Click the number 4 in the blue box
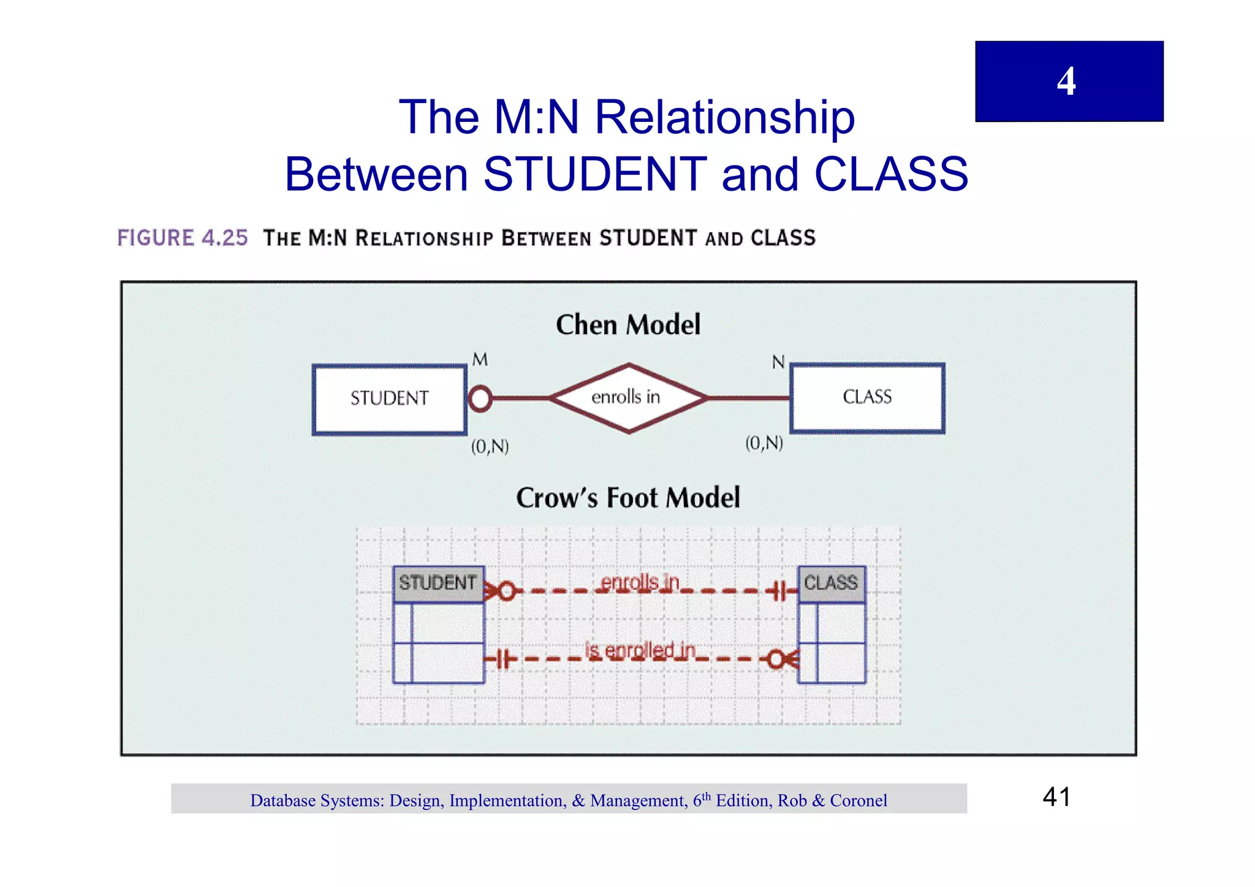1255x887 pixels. click(x=1066, y=82)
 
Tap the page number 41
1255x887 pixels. click(x=1056, y=797)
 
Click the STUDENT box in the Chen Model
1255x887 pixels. click(x=389, y=398)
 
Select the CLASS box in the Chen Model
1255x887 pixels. click(x=866, y=397)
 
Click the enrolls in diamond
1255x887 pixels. click(x=627, y=397)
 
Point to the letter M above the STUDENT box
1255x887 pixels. click(x=480, y=359)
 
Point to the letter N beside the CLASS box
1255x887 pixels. click(x=778, y=362)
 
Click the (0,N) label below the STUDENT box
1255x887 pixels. click(x=490, y=446)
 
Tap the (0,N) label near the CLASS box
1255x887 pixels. click(x=764, y=443)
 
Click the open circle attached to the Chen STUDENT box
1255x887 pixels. click(x=480, y=398)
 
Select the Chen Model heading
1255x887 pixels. click(x=627, y=324)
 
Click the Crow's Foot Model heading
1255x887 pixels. click(x=627, y=497)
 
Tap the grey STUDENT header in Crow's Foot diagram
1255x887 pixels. click(x=438, y=582)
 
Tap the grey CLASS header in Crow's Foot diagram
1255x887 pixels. click(x=830, y=582)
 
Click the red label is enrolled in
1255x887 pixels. click(x=640, y=650)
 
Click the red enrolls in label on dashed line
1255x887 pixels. click(x=640, y=582)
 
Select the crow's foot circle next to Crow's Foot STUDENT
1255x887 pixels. click(x=506, y=592)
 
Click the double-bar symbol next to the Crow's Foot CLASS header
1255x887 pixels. click(x=778, y=592)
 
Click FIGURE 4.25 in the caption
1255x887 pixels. click(x=183, y=238)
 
